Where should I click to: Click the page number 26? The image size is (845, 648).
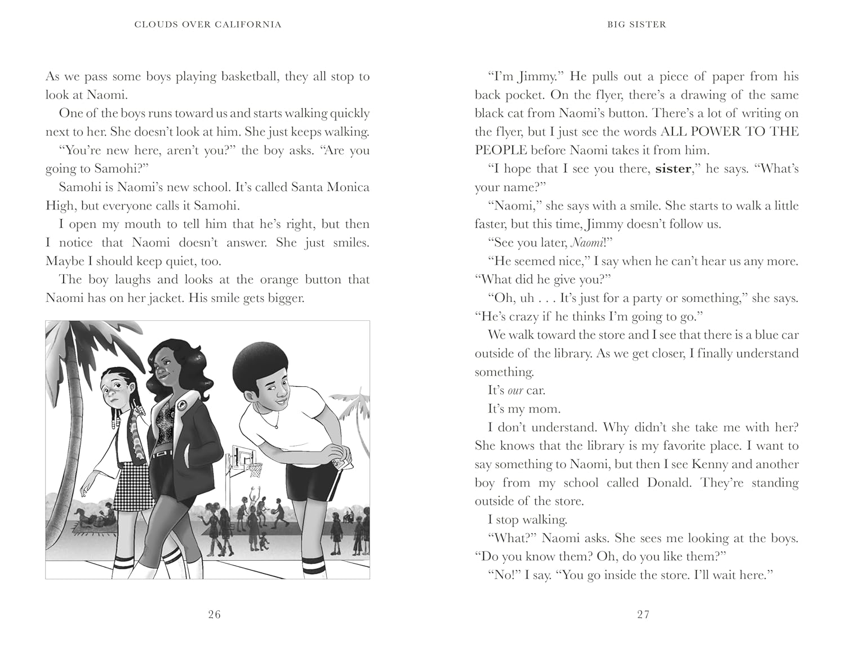point(214,614)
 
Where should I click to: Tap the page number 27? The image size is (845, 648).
point(643,614)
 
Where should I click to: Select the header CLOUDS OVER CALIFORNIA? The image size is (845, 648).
point(208,24)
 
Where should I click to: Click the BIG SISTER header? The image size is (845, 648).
point(637,24)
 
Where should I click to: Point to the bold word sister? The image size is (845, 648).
point(673,169)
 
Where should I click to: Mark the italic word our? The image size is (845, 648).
point(515,391)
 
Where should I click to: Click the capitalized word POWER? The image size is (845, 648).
point(724,132)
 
